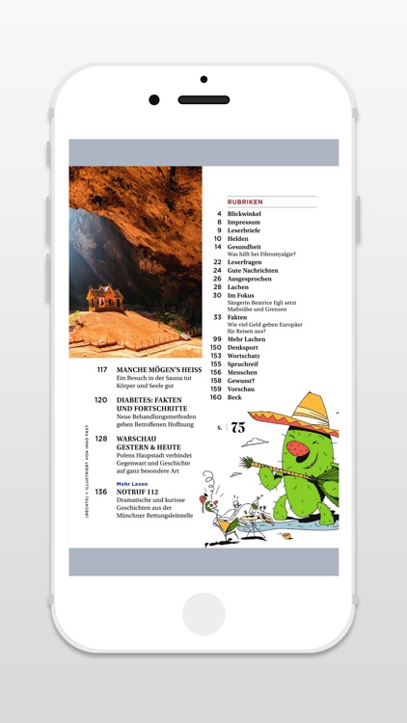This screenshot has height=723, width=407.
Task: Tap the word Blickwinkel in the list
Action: (245, 214)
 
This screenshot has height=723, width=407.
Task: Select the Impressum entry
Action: (244, 223)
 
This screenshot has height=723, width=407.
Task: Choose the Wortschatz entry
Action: (246, 356)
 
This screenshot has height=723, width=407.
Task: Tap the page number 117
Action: (101, 369)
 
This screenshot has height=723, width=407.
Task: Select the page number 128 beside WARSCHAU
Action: (101, 439)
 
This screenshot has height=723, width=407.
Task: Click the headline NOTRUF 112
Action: (138, 492)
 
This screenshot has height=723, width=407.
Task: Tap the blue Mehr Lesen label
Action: (130, 483)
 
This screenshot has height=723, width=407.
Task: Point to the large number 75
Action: (237, 428)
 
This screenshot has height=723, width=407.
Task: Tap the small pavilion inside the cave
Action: (103, 295)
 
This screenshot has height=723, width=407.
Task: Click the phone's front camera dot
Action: (154, 99)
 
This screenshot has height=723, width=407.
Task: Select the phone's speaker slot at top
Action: (203, 99)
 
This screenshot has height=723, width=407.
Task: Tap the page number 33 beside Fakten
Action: (218, 316)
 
